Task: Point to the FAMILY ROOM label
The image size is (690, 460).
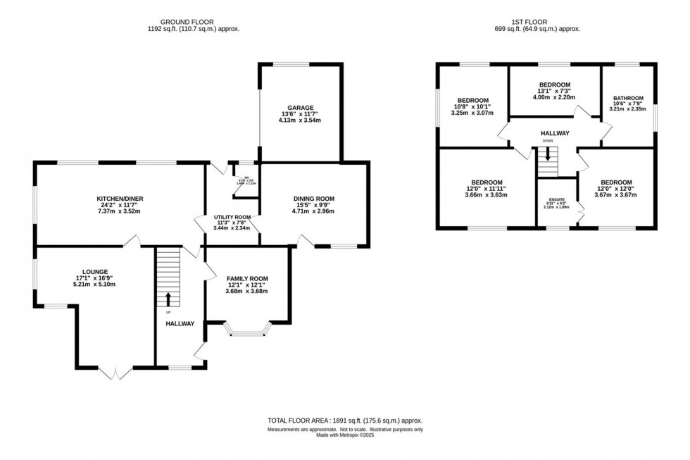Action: [246, 278]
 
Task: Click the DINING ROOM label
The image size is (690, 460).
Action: [313, 199]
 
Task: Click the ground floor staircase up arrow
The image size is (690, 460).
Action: [168, 299]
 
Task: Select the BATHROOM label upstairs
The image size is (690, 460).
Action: [627, 98]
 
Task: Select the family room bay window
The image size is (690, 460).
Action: [246, 328]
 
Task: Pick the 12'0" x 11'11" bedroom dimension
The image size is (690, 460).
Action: [487, 189]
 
